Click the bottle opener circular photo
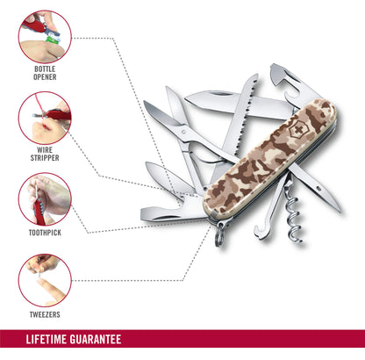coord(45,37)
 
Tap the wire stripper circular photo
coord(45,118)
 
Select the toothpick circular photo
coord(45,199)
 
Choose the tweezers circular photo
coord(45,280)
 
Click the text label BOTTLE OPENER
coord(45,73)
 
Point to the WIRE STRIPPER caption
coord(45,154)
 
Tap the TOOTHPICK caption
coord(45,233)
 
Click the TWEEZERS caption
coord(45,314)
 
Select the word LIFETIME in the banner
coord(47,339)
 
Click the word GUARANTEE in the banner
coord(96,339)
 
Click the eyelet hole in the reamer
coord(318,188)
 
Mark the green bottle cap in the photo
coord(52,39)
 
